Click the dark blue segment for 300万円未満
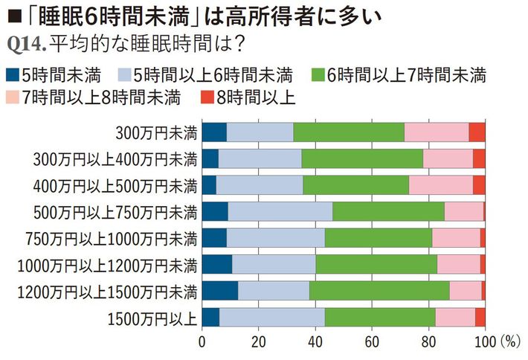click(x=214, y=132)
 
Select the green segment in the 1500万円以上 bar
click(x=379, y=317)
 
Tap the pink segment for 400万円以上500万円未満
click(x=440, y=185)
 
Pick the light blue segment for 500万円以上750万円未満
click(x=280, y=212)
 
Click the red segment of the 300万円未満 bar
click(x=477, y=132)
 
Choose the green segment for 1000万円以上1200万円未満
click(x=376, y=264)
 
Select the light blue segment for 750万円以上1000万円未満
click(x=275, y=238)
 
